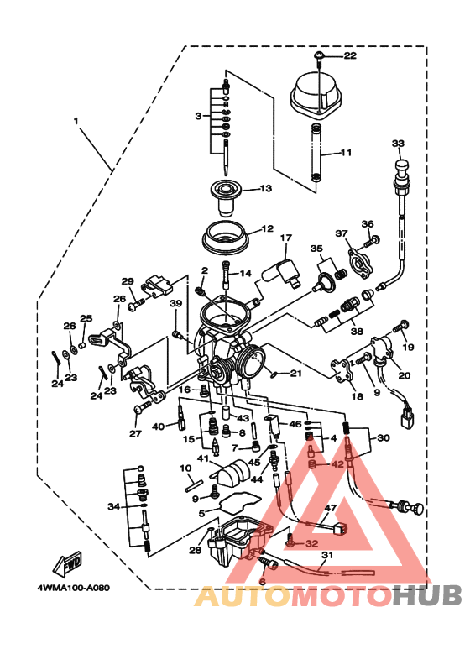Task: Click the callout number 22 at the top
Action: pos(349,56)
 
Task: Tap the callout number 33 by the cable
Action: pos(398,144)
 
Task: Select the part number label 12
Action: pos(267,228)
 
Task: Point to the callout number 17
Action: pos(285,238)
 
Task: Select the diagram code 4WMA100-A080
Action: pos(73,588)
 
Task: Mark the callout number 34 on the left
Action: pos(114,506)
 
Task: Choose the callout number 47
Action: pos(331,508)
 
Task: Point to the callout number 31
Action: pos(327,555)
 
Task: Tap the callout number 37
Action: pos(341,233)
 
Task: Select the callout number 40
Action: pos(158,427)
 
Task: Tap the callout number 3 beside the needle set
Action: pos(198,116)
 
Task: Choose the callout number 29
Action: pos(128,281)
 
